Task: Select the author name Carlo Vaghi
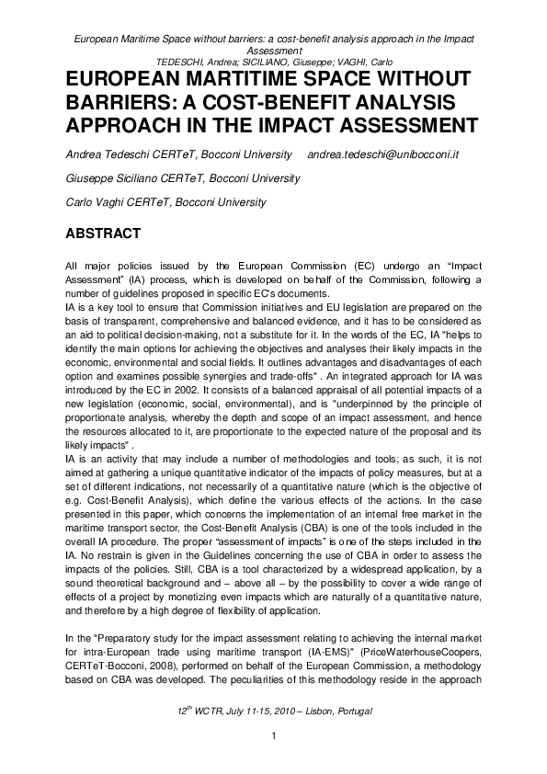click(92, 201)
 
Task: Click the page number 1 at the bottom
click(274, 737)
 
